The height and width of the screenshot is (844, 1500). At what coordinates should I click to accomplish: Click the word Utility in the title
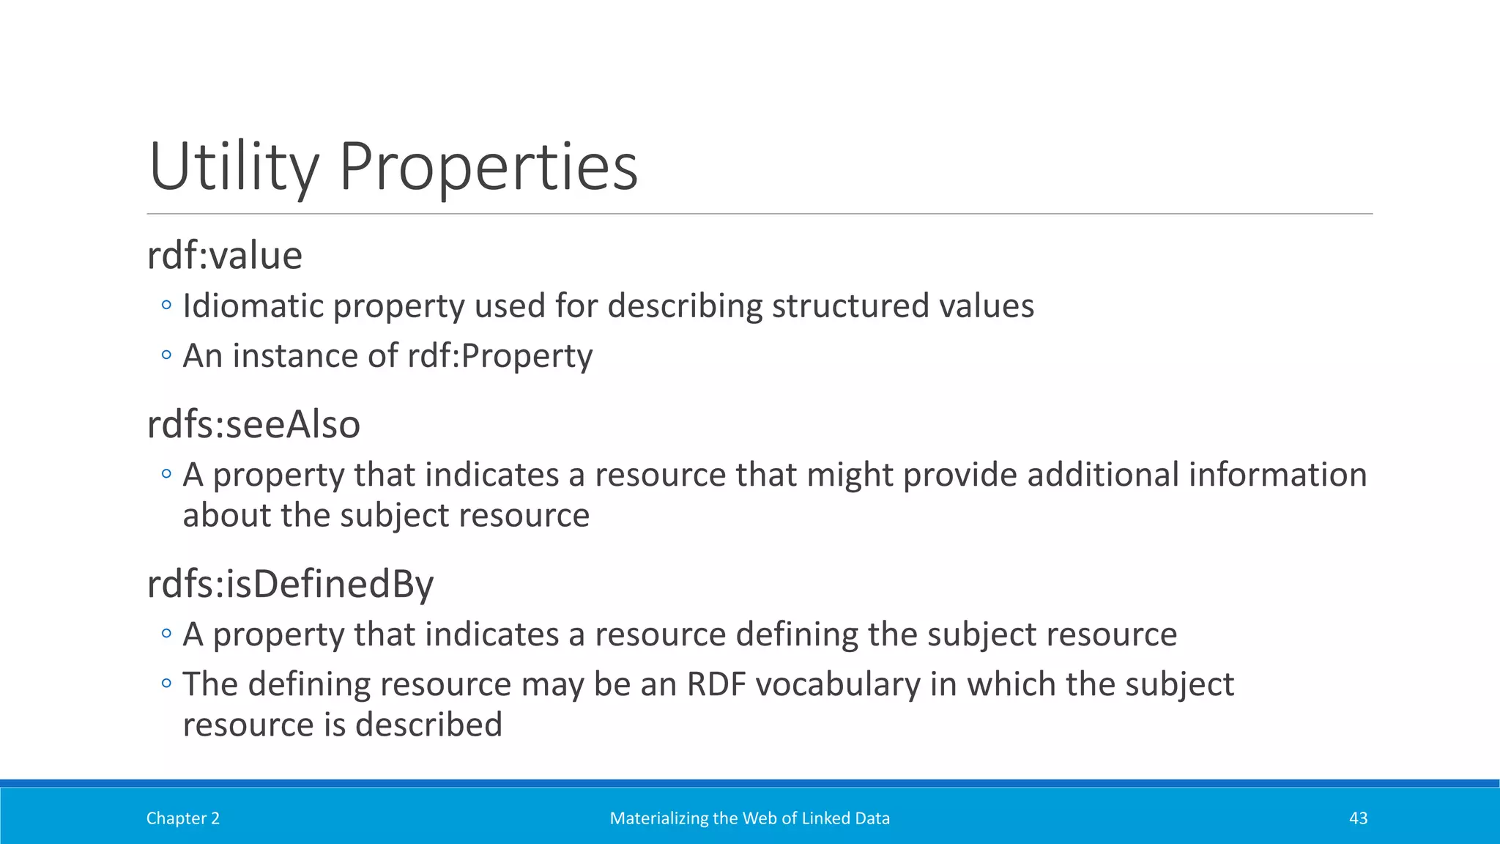(234, 167)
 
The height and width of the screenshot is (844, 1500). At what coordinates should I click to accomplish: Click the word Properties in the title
(488, 167)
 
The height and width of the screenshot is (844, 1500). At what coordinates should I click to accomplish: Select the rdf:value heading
(225, 256)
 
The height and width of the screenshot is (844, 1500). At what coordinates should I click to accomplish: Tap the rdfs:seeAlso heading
(253, 425)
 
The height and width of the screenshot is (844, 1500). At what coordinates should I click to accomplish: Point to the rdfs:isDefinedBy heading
(290, 585)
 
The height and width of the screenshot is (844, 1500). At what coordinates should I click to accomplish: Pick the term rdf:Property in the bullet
(500, 357)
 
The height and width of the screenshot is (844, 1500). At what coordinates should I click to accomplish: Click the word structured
(850, 306)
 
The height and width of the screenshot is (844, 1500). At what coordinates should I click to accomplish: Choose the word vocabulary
(838, 684)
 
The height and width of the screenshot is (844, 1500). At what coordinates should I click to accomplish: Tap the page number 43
(1358, 818)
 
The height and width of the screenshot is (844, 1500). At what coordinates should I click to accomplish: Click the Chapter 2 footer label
(182, 818)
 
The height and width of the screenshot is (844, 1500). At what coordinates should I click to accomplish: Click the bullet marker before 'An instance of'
(166, 356)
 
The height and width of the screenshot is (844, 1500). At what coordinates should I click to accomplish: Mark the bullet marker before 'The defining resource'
(166, 684)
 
